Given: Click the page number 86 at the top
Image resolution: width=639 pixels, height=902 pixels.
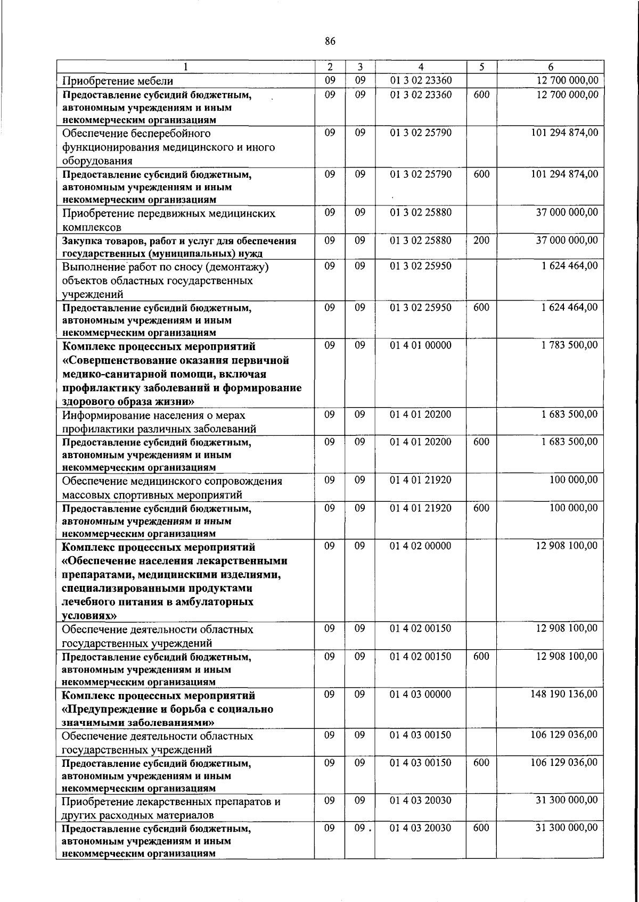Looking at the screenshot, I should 330,41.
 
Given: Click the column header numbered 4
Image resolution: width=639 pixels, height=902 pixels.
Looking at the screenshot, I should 421,67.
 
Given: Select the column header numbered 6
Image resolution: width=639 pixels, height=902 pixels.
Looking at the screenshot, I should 551,67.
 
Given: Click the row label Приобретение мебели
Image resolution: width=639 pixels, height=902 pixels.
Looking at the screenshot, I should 118,81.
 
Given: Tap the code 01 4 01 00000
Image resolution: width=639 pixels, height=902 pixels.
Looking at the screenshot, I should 421,345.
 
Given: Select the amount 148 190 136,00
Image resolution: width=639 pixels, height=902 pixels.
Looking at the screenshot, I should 564,694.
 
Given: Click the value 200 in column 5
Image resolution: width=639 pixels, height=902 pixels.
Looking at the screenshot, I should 481,240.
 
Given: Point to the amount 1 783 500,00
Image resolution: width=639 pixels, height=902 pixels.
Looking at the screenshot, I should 569,345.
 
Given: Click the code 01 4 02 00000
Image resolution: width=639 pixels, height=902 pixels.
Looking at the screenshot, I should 421,545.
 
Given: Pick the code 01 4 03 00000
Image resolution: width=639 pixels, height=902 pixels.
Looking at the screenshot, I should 421,694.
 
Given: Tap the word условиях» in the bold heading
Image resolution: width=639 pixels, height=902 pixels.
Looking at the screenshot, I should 89,615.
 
